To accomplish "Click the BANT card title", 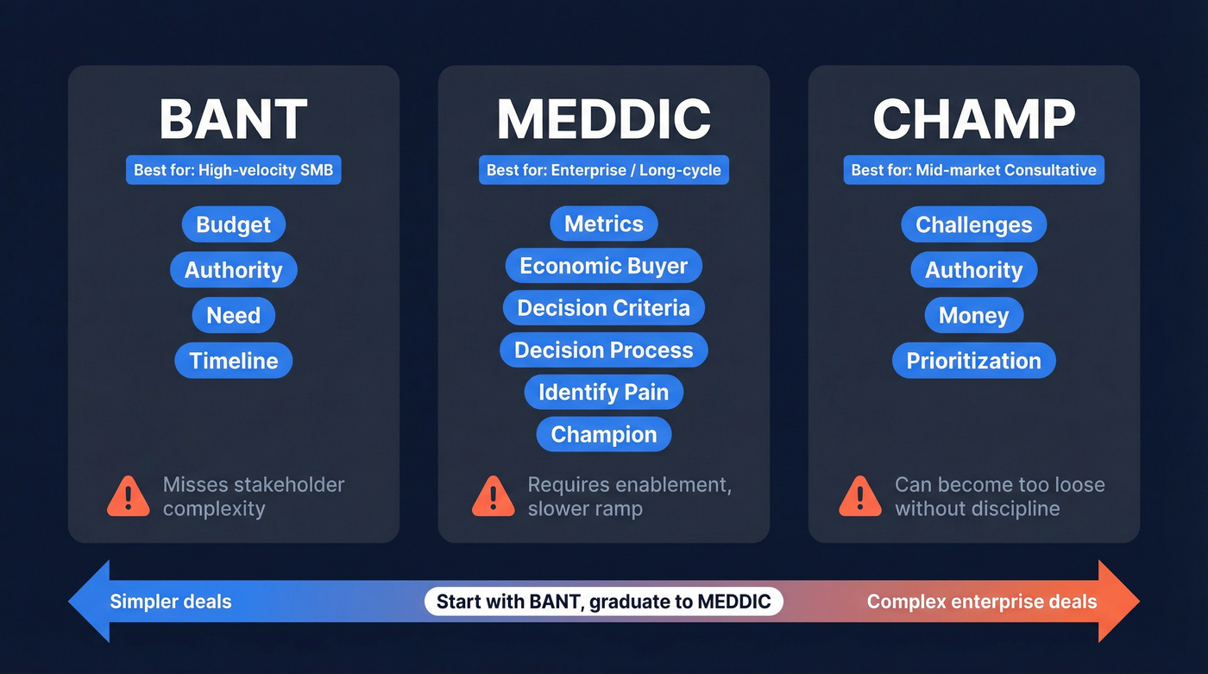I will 233,119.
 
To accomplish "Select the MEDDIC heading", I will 604,119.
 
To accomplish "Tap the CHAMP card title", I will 974,119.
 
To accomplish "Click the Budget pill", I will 233,224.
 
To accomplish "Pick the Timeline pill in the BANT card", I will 233,361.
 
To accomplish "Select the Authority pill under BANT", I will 233,270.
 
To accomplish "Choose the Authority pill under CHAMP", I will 974,270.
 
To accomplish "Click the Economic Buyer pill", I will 604,266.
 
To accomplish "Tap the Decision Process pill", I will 604,350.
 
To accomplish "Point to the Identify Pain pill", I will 604,393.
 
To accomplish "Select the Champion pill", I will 604,434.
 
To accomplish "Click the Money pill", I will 974,316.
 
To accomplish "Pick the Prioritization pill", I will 974,361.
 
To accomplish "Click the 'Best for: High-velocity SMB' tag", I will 233,170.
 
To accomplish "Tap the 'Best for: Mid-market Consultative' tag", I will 974,170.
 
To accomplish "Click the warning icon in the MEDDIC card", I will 493,496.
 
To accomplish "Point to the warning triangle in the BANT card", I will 128,496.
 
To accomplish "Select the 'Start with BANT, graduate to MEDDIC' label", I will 604,602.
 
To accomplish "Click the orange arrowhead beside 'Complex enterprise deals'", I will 1118,602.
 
